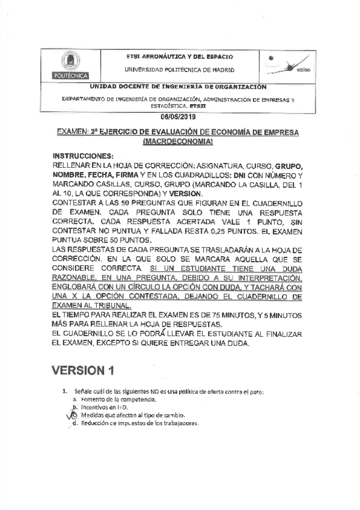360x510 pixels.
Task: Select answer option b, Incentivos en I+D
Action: click(x=96, y=407)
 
